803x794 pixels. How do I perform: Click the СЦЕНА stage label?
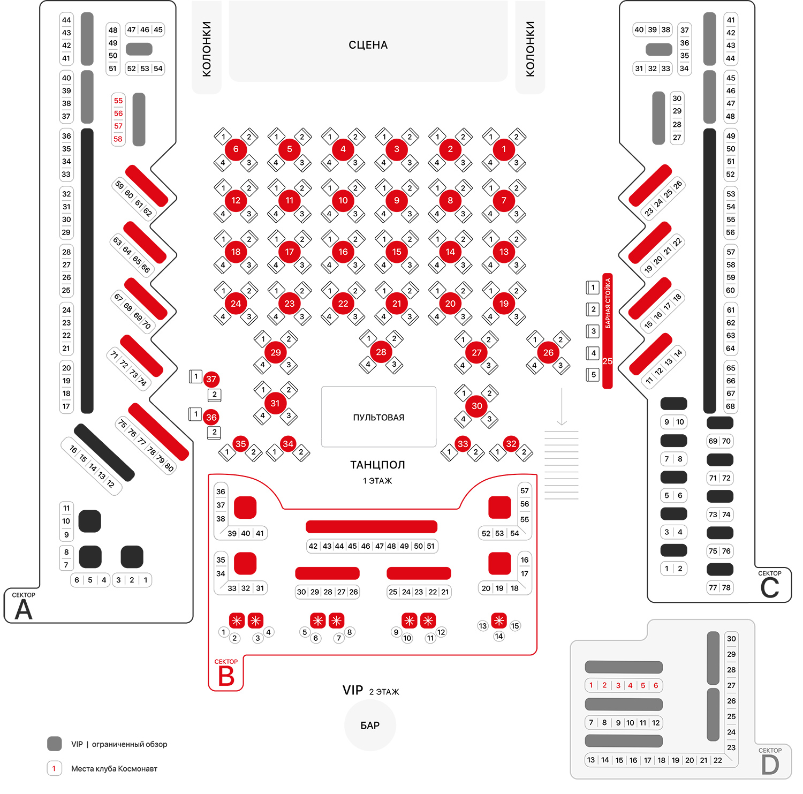(368, 45)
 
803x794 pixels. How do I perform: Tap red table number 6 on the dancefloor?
(236, 149)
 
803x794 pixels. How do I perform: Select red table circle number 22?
(343, 304)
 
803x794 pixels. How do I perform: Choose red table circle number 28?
(381, 352)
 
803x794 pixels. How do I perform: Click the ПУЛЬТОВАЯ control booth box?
(378, 417)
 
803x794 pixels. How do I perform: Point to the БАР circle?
(370, 725)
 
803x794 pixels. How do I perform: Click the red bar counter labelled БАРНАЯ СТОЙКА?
(608, 331)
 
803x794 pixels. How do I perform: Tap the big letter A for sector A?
(23, 610)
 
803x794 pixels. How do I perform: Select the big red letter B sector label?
(226, 676)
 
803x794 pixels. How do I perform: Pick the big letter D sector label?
(770, 765)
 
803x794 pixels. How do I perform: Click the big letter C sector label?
(770, 588)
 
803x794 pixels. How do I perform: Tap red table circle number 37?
(211, 379)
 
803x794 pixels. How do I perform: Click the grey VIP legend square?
(55, 744)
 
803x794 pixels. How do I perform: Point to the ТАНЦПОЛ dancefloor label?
(377, 465)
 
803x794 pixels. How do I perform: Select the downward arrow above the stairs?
(562, 407)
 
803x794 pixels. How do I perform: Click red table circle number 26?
(548, 352)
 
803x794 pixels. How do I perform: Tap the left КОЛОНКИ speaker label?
(207, 49)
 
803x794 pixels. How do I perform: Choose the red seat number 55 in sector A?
(118, 101)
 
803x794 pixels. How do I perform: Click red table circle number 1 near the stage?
(504, 149)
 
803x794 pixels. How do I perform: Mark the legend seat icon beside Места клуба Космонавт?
(54, 768)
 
